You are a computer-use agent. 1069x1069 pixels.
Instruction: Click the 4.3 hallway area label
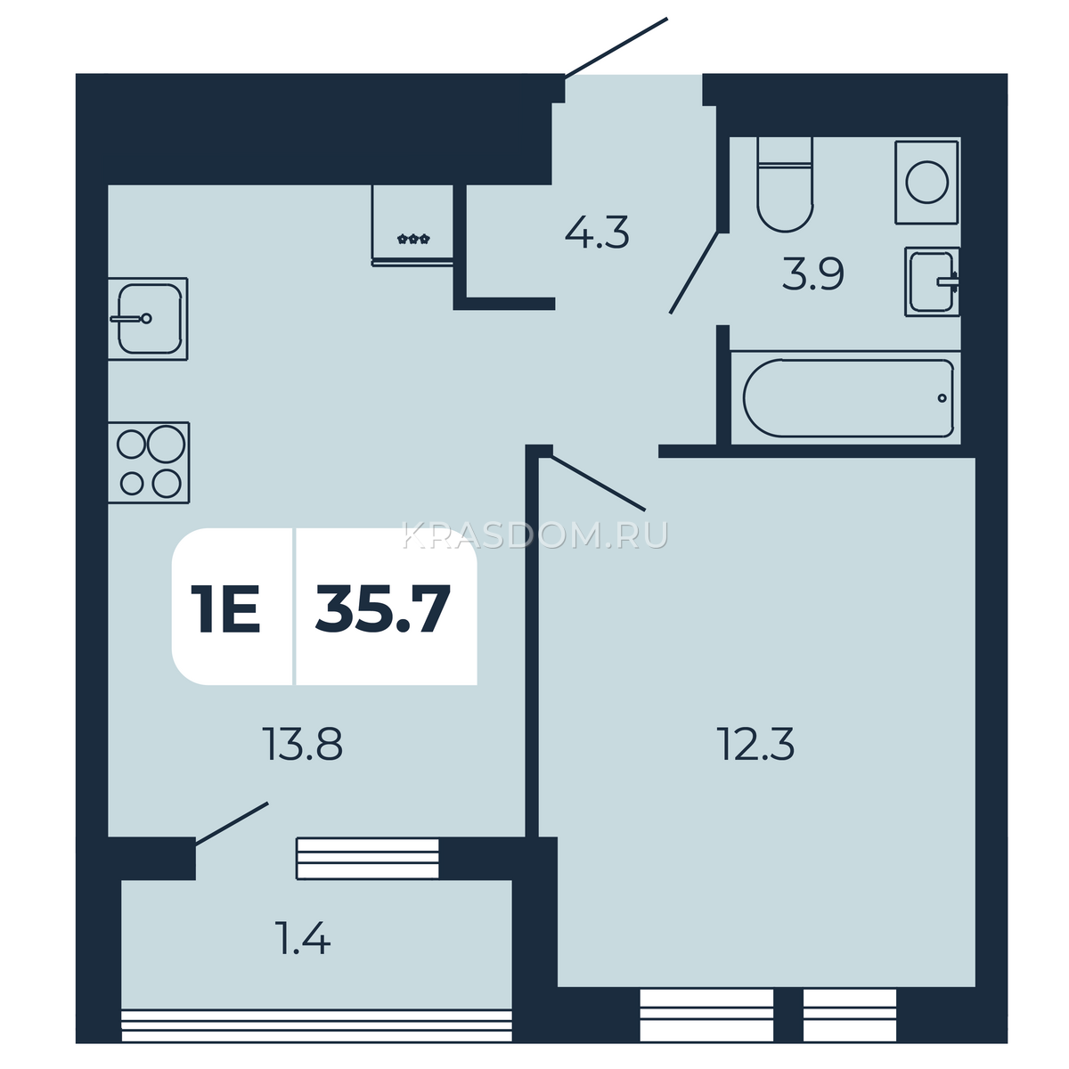click(597, 233)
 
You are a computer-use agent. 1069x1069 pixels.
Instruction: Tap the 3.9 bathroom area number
click(812, 274)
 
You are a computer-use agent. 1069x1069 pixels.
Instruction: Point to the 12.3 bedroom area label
click(755, 745)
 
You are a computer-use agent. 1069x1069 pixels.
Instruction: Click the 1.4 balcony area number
click(304, 938)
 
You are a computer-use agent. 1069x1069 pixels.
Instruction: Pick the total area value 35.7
click(382, 608)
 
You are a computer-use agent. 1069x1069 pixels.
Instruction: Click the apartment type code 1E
click(225, 608)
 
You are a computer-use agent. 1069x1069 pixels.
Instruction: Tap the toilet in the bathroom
click(785, 184)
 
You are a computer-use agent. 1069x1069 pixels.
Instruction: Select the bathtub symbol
click(848, 397)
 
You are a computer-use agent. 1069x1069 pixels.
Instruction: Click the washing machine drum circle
click(926, 182)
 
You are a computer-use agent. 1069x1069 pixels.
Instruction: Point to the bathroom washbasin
click(933, 282)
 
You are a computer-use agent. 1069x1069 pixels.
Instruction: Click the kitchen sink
click(148, 318)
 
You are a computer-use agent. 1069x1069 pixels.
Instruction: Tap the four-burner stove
click(149, 462)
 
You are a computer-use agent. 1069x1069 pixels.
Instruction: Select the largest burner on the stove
click(166, 444)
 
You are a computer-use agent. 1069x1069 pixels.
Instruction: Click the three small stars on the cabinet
click(413, 240)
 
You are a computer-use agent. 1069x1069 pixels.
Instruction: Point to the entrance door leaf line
click(616, 46)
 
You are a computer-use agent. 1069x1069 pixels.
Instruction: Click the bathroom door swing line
click(694, 273)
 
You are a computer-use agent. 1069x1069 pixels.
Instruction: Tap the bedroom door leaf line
click(599, 483)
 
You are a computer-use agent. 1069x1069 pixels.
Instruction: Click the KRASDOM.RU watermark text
click(535, 535)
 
